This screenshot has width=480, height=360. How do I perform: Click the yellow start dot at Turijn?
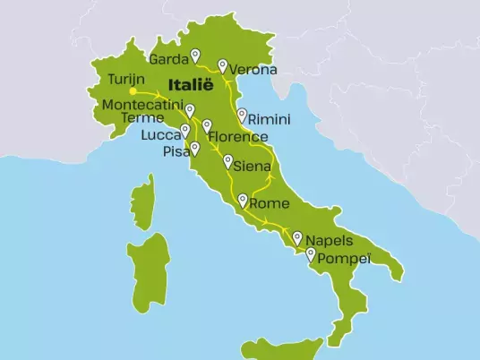click(132, 91)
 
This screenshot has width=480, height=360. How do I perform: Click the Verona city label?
click(253, 70)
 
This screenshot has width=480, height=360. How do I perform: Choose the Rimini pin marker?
click(241, 115)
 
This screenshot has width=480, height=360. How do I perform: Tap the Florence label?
click(237, 137)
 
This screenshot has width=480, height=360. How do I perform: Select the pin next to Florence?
click(207, 127)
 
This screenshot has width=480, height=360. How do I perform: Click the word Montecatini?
click(141, 105)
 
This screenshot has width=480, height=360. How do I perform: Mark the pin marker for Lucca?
click(185, 131)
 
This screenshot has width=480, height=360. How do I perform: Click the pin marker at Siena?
click(228, 163)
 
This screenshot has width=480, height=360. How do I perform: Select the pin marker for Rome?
click(243, 201)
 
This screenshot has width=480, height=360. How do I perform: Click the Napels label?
click(329, 241)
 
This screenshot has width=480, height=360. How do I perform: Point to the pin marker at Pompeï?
click(311, 256)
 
